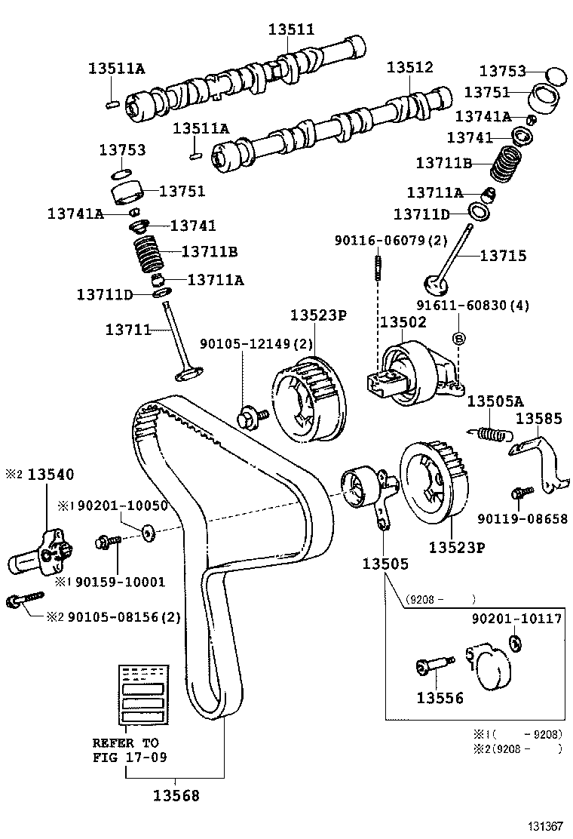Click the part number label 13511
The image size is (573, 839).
tap(292, 29)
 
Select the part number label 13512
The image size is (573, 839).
tap(410, 67)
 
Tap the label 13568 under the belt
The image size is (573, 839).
tap(176, 794)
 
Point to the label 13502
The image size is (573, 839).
tap(403, 322)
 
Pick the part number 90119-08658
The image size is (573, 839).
tap(522, 519)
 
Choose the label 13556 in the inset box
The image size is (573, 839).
tap(440, 698)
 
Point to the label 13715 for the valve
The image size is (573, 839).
tap(503, 256)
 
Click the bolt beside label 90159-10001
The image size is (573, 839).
tap(109, 542)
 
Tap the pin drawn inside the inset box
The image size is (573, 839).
tap(434, 667)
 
